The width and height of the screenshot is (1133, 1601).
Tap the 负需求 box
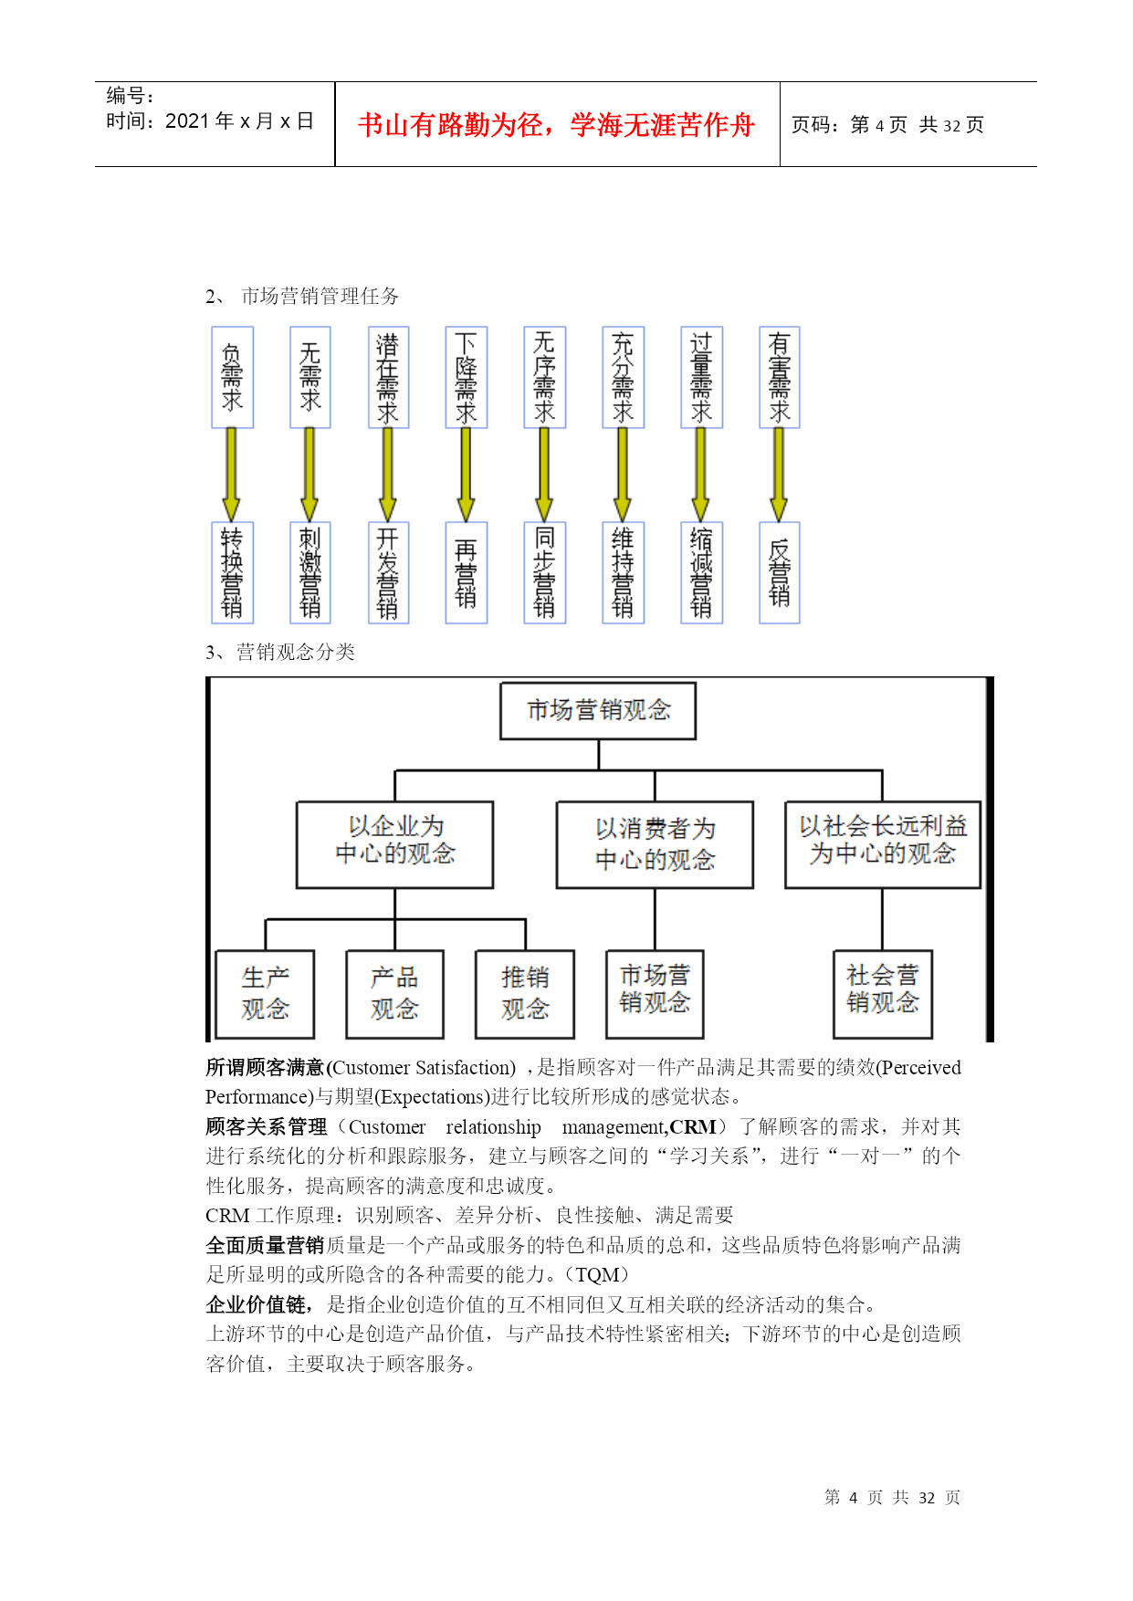pos(232,377)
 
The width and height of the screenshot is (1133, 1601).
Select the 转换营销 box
pos(232,572)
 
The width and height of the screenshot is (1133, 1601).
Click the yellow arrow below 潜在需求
pos(387,475)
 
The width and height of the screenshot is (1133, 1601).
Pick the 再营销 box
pos(466,572)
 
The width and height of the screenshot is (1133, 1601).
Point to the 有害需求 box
pos(779,377)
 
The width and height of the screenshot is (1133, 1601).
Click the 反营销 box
pos(779,572)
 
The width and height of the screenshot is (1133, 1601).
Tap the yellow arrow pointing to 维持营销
pos(623,475)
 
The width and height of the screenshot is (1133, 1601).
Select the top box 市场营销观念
pos(598,710)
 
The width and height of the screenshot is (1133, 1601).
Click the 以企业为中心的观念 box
pos(394,844)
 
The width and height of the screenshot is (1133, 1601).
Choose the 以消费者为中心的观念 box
pos(655,844)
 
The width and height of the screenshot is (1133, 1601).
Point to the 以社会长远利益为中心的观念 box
pos(882,844)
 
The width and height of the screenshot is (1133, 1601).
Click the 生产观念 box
pos(265,994)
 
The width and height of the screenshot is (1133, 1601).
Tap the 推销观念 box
pos(525,994)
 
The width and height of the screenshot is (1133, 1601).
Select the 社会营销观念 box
pos(882,994)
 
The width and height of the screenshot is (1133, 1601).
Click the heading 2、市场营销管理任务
pos(302,296)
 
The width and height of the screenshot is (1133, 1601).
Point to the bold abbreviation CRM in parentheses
pos(693,1127)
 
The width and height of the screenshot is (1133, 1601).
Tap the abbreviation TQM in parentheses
pos(597,1275)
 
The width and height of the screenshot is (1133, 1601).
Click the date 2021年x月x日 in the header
pos(239,120)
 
